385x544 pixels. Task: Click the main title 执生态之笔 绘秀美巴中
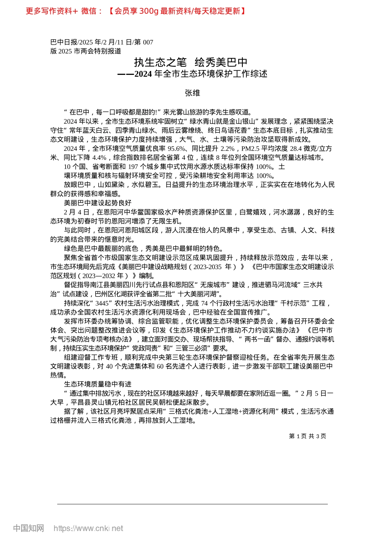191,62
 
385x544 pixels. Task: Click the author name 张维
192,93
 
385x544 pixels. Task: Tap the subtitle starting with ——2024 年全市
192,74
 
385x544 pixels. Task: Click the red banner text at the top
135,11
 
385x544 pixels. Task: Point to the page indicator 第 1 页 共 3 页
308,436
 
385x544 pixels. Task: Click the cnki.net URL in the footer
88,528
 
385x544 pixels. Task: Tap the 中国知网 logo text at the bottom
28,528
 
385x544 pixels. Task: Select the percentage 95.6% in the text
176,149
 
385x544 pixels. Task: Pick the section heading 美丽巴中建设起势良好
98,203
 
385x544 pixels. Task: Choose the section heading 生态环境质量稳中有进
98,384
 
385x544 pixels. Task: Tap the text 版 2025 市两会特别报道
86,51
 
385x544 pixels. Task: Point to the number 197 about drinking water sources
133,167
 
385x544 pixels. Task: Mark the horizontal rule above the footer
192,504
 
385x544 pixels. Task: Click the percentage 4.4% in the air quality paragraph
99,157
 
